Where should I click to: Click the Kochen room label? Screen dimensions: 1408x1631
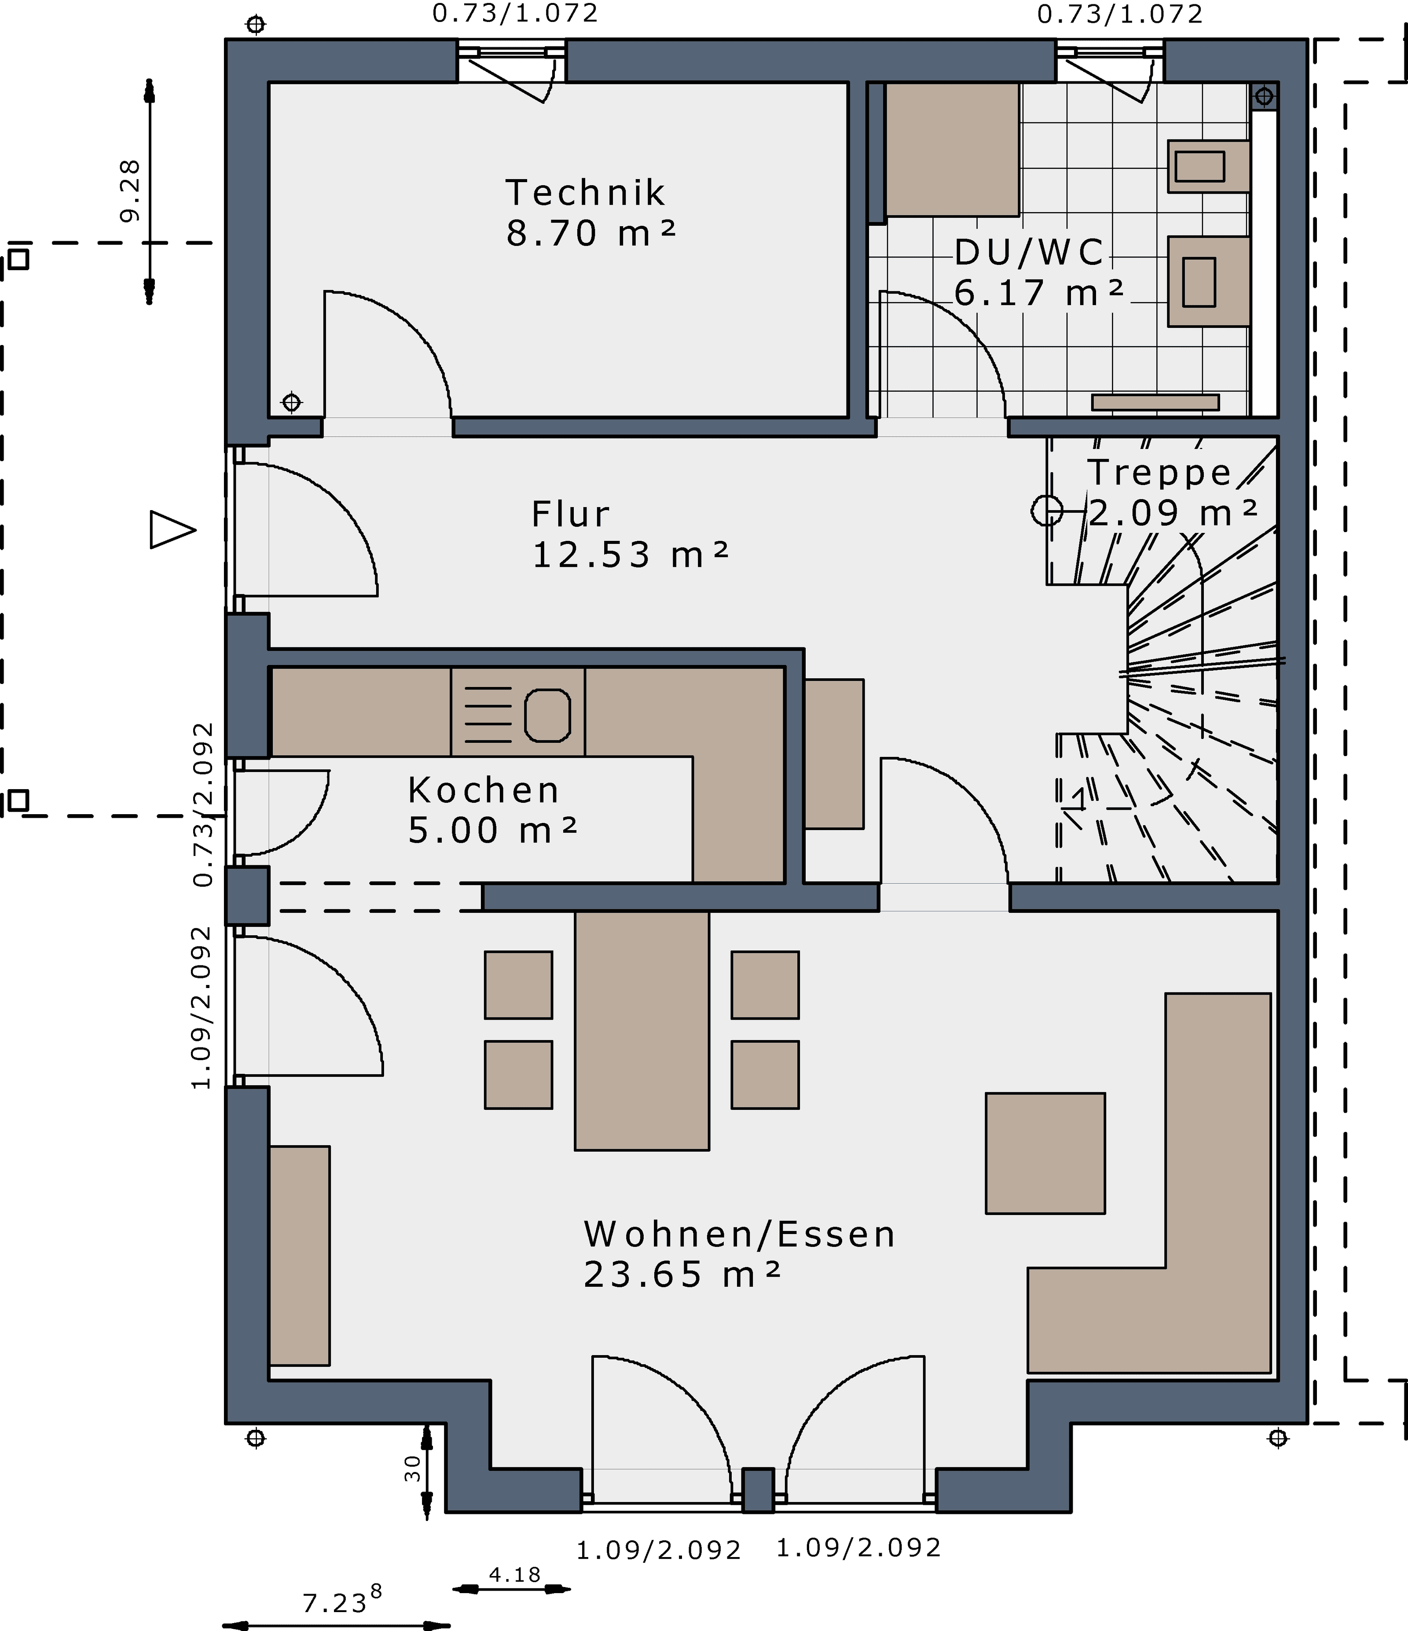483,790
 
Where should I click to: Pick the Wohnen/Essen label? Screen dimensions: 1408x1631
740,1234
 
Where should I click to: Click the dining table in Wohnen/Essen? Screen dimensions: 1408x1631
642,1030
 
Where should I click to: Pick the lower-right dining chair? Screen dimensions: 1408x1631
765,1074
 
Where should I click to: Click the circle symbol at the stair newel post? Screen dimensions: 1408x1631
1047,511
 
